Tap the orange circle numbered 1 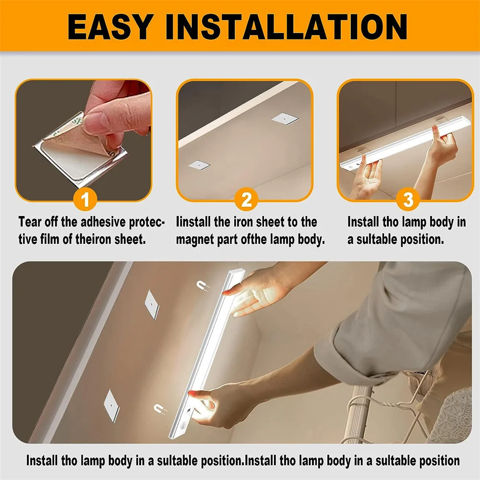point(85,199)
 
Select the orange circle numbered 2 point(246,199)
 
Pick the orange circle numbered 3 point(408,199)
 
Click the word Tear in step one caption point(29,222)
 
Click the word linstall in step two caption point(194,222)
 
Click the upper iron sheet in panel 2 point(281,118)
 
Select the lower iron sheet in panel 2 point(197,165)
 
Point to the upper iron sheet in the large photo point(152,305)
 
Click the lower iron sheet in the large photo point(111,406)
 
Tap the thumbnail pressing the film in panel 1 point(96,118)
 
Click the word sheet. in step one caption point(131,239)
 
